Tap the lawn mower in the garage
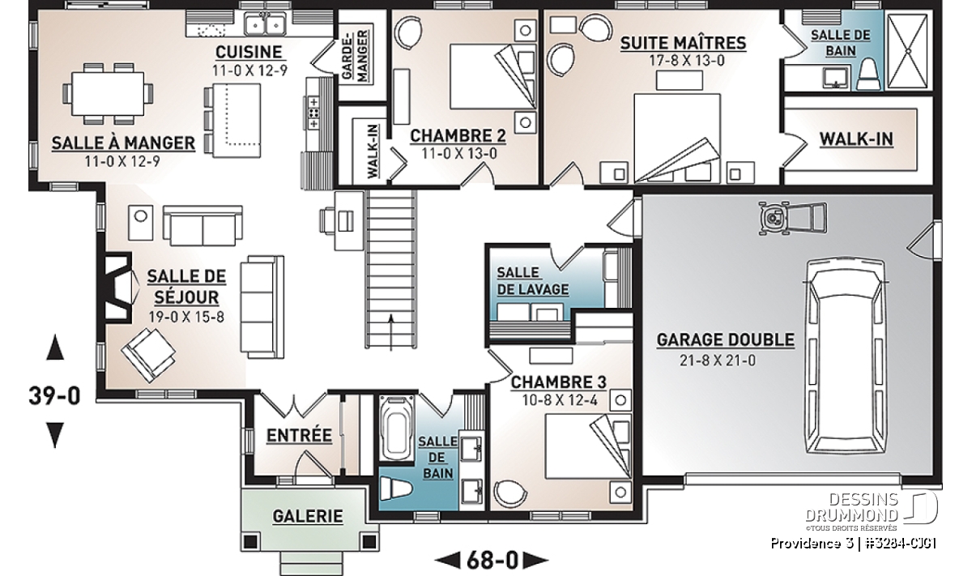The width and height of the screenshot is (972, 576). tap(792, 219)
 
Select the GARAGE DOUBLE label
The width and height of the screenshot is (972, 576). tap(726, 340)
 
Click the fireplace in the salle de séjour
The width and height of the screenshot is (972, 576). tap(117, 288)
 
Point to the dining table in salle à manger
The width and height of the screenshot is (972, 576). tap(108, 94)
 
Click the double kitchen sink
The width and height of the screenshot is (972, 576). tap(265, 23)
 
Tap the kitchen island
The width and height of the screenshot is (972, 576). tap(237, 120)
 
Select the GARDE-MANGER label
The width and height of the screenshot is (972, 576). tap(355, 55)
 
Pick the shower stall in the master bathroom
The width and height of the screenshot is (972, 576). tap(907, 51)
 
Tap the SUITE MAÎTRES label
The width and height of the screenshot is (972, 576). tap(683, 44)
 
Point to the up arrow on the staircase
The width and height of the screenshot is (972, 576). tap(391, 332)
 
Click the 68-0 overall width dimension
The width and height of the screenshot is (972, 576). tap(492, 560)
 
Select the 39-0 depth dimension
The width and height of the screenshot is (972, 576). tap(55, 395)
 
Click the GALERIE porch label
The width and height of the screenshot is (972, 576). tap(308, 516)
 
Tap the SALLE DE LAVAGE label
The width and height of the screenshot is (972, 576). tap(532, 281)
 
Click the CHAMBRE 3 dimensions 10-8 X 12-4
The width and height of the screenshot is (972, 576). tap(560, 399)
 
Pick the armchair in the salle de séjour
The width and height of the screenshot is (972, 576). tap(148, 355)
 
